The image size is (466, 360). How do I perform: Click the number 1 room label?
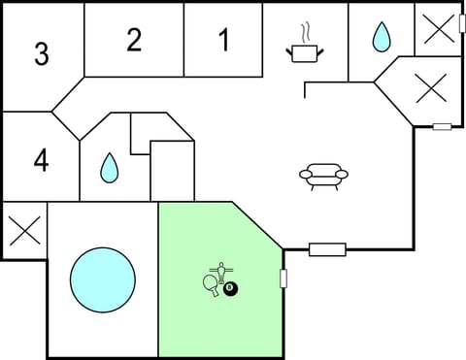pyautogui.click(x=224, y=41)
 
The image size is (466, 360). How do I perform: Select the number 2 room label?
pyautogui.click(x=134, y=40)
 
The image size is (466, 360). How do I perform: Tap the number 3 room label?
pyautogui.click(x=41, y=54)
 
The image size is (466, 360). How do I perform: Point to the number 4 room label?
pyautogui.click(x=41, y=160)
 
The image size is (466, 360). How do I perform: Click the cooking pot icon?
pyautogui.click(x=303, y=51)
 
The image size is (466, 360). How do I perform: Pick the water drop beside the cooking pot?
pyautogui.click(x=381, y=38)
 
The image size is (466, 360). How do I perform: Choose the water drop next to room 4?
pyautogui.click(x=108, y=168)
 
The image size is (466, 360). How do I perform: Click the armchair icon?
pyautogui.click(x=323, y=175)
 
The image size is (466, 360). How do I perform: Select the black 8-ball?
pyautogui.click(x=231, y=288)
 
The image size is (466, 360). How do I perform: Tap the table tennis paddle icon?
pyautogui.click(x=211, y=284)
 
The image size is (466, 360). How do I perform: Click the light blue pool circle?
pyautogui.click(x=102, y=279)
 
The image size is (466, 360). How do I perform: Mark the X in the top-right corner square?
pyautogui.click(x=439, y=28)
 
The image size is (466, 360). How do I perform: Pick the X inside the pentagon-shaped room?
pyautogui.click(x=429, y=89)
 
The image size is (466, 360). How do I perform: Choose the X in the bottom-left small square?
pyautogui.click(x=23, y=231)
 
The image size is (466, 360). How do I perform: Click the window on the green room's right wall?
pyautogui.click(x=283, y=279)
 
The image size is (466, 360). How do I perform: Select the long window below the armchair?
pyautogui.click(x=327, y=249)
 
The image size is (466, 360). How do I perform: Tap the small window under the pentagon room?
pyautogui.click(x=442, y=126)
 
